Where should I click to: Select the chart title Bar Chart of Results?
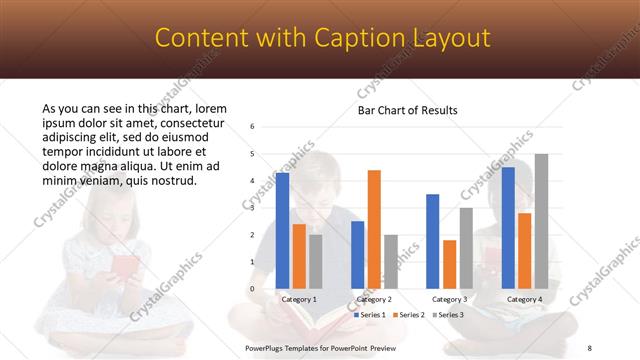click(408, 111)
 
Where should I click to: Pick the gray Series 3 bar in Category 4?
click(541, 221)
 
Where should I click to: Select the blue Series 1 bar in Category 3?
click(432, 241)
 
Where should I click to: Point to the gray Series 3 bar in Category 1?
click(316, 261)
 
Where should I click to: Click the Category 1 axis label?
click(299, 299)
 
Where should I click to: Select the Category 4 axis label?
click(524, 299)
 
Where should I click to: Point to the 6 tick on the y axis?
click(253, 127)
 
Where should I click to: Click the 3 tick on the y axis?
click(253, 208)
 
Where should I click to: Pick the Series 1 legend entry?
click(371, 315)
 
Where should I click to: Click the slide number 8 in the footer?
click(589, 347)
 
